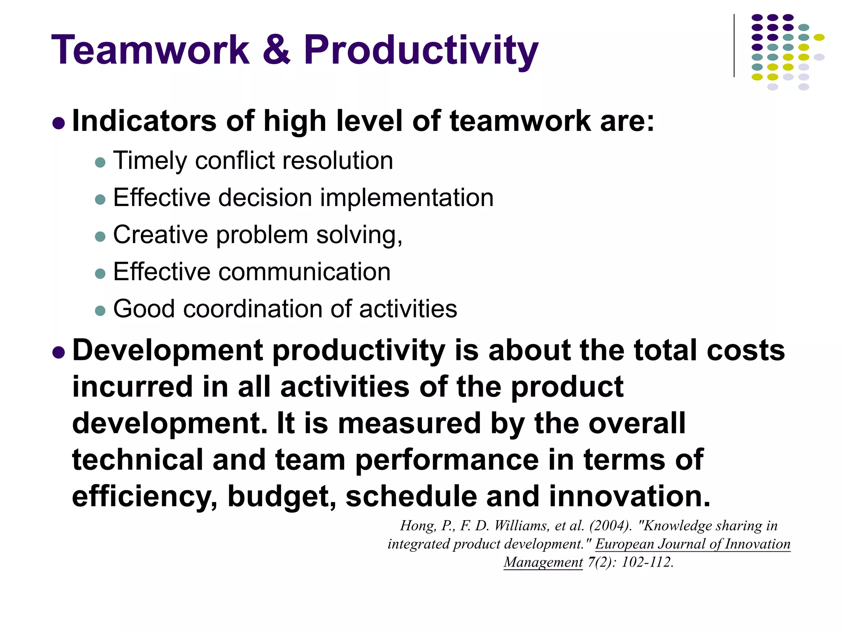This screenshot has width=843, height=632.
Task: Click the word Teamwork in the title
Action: pyautogui.click(x=150, y=50)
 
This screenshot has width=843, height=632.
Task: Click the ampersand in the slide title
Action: pyautogui.click(x=276, y=50)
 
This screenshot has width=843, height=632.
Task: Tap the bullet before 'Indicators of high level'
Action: pyautogui.click(x=59, y=123)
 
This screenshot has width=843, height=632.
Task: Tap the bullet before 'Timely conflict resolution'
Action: pyautogui.click(x=100, y=162)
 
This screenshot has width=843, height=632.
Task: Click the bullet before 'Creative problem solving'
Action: pyautogui.click(x=100, y=237)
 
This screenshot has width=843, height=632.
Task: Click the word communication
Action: pyautogui.click(x=304, y=272)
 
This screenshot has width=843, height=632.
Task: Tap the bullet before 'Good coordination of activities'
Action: pyautogui.click(x=100, y=311)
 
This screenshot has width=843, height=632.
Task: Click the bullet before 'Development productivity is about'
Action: pyautogui.click(x=59, y=352)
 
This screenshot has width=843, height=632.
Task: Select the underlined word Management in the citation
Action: pyautogui.click(x=543, y=562)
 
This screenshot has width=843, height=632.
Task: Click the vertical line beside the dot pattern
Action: pyautogui.click(x=734, y=45)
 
